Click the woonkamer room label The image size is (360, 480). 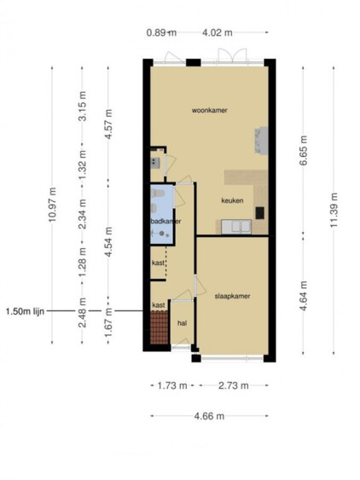210,110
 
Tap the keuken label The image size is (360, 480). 232,200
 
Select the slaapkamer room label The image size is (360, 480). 232,296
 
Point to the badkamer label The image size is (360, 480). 165,221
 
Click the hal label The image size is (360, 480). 182,323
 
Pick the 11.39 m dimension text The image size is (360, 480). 334,210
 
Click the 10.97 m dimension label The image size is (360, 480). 52,205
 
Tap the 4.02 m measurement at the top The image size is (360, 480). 218,32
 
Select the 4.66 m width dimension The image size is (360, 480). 209,416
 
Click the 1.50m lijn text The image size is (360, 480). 25,311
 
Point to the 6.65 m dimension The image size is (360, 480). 303,151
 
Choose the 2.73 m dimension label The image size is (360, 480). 234,385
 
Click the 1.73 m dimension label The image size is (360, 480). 172,385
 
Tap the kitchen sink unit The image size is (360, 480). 236,227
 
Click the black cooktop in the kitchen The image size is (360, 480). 260,213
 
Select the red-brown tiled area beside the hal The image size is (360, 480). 160,327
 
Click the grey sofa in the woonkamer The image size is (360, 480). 262,140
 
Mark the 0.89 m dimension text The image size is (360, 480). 161,32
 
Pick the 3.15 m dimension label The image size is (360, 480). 82,106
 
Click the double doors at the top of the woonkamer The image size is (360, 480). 232,56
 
